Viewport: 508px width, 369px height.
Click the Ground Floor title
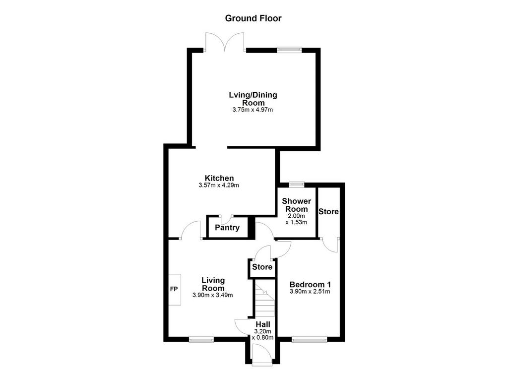coord(253,18)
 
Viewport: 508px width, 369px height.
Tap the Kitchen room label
coord(219,178)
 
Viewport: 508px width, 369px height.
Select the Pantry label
coord(227,228)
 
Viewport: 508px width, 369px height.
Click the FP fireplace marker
coord(174,289)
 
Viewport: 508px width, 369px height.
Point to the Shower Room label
coord(296,205)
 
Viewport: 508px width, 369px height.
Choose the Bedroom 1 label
coord(310,285)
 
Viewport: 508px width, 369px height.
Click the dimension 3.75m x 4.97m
coord(253,110)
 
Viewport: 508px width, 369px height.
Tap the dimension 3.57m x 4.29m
coord(219,185)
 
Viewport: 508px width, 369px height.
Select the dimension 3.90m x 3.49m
coord(212,295)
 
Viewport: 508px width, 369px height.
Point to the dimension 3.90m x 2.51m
coord(310,292)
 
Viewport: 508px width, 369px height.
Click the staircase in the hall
coord(264,300)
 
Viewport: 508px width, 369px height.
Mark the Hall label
coord(263,324)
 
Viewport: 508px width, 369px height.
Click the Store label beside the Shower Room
coord(328,212)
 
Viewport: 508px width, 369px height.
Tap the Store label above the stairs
coord(262,267)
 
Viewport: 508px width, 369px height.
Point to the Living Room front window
coord(201,339)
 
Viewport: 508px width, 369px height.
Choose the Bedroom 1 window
coord(309,339)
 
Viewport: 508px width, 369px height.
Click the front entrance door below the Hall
coord(261,356)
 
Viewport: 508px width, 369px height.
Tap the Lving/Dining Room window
coord(289,50)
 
